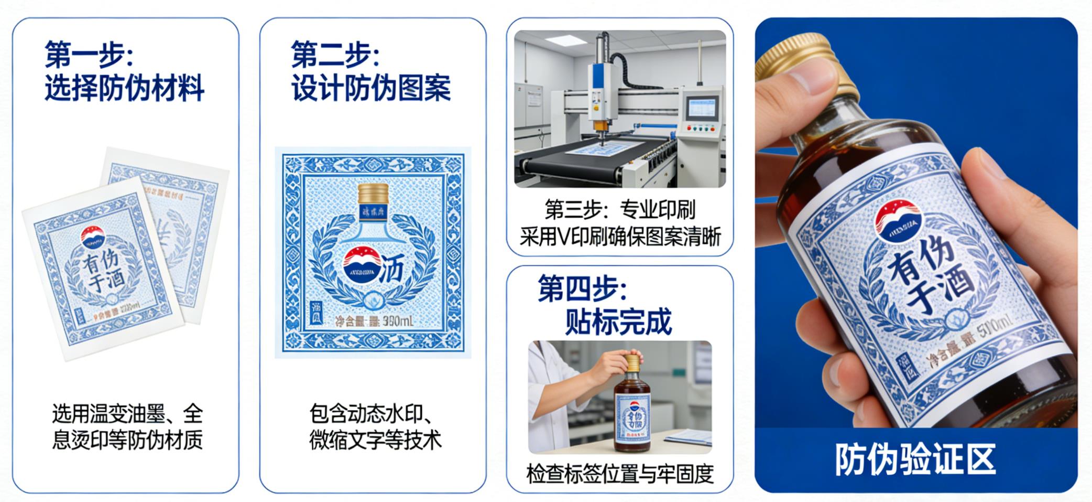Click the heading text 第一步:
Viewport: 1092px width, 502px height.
pyautogui.click(x=89, y=54)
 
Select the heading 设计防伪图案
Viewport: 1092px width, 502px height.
pyautogui.click(x=371, y=88)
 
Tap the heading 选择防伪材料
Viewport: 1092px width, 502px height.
pyautogui.click(x=124, y=88)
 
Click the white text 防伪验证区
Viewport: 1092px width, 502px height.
pyautogui.click(x=915, y=460)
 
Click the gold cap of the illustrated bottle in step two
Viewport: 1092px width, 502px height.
pyautogui.click(x=373, y=194)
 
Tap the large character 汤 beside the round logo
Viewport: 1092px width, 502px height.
pyautogui.click(x=391, y=270)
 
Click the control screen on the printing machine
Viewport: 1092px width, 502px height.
pyautogui.click(x=702, y=108)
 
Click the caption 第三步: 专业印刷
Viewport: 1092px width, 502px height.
pyautogui.click(x=620, y=210)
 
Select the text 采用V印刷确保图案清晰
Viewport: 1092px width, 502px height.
pyautogui.click(x=620, y=237)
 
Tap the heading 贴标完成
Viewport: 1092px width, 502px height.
pyautogui.click(x=618, y=322)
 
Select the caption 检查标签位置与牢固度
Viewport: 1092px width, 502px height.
pyautogui.click(x=620, y=474)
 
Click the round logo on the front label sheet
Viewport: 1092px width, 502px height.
pyautogui.click(x=94, y=237)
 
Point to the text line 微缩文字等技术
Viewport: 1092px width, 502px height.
pyautogui.click(x=375, y=440)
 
